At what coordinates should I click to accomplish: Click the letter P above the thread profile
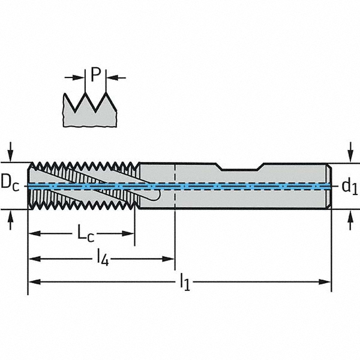(x=96, y=74)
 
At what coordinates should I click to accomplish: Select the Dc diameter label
(x=10, y=184)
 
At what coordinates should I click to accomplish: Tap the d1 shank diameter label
(x=350, y=187)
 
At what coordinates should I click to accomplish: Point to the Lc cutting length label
(x=86, y=234)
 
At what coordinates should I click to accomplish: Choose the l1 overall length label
(x=185, y=281)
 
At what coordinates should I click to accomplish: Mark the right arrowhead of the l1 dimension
(x=325, y=282)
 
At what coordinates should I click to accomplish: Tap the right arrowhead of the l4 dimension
(x=168, y=259)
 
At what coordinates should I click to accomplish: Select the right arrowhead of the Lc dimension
(x=128, y=234)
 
